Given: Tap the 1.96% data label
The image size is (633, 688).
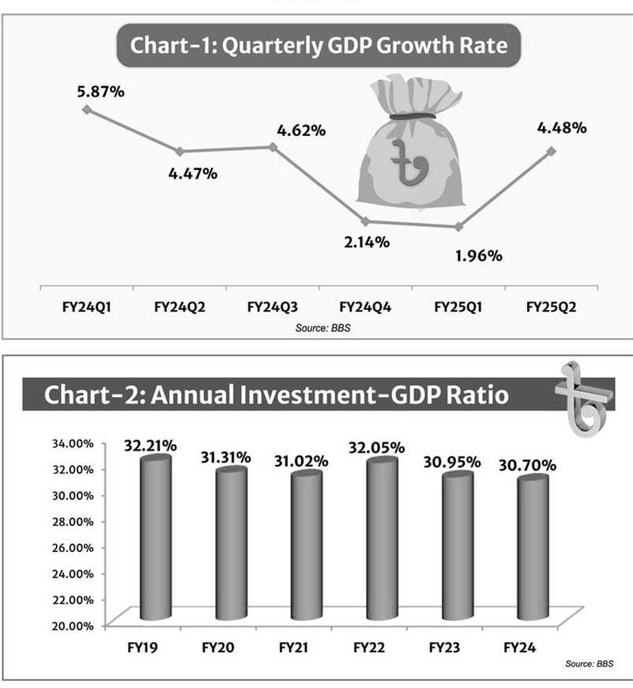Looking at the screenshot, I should tap(478, 255).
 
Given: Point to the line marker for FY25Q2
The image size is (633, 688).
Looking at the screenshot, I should tap(552, 150).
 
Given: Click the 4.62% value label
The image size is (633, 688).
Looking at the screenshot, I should tap(300, 130).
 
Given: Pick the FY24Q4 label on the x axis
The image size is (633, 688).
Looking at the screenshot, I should tap(364, 307).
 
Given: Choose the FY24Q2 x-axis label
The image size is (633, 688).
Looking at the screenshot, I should tap(179, 307).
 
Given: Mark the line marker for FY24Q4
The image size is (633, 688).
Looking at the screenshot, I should tap(365, 221).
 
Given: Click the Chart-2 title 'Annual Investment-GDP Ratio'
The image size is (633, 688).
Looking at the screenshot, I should tap(276, 395).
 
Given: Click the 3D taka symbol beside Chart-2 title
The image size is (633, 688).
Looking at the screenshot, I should tap(584, 396).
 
